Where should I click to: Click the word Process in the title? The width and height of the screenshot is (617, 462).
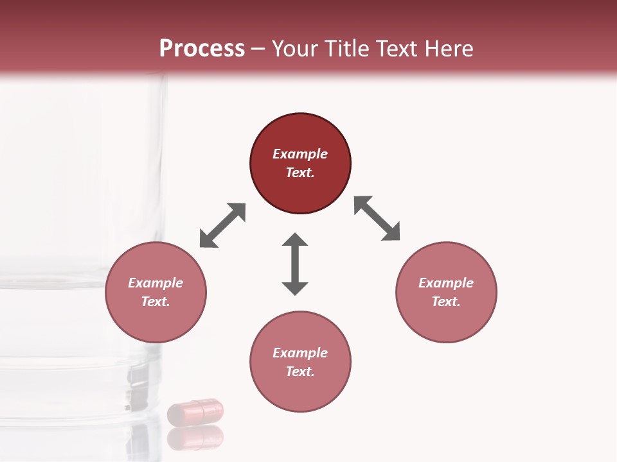[x=202, y=49]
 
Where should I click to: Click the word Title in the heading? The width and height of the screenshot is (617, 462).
[x=348, y=49]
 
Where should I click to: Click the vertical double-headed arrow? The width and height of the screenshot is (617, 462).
[x=295, y=264]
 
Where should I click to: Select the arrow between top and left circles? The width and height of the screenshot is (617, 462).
[x=222, y=225]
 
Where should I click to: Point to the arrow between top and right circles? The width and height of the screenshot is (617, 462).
[x=377, y=218]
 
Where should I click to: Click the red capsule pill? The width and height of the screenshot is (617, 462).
[x=195, y=411]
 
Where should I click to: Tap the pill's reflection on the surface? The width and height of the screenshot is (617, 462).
[x=195, y=438]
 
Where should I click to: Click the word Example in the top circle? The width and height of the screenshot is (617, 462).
[x=300, y=154]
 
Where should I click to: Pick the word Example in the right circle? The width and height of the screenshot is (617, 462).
[x=446, y=283]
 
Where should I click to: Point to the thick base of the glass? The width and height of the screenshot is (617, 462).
[x=77, y=385]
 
